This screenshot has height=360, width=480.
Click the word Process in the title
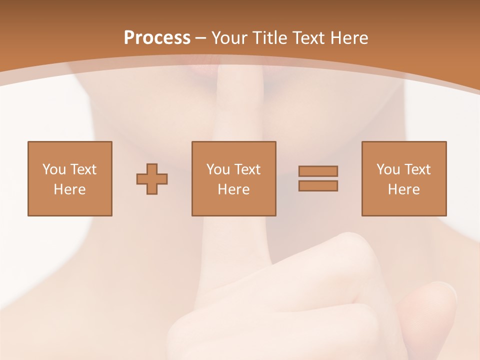coord(157,37)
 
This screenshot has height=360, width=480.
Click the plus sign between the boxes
coord(152,179)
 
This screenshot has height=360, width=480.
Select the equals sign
coord(318,178)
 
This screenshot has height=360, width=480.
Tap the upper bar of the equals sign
coord(318,171)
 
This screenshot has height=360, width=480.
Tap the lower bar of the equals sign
coord(318,185)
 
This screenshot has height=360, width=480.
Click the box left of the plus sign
coord(70,178)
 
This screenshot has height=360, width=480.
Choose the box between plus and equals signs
coord(234,178)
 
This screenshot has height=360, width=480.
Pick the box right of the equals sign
coord(404,178)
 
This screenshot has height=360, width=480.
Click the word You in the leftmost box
coord(54,169)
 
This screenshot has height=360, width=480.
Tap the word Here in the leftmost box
coord(70,189)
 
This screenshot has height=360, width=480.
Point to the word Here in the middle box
coord(234,189)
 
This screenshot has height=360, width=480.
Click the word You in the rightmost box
coord(388,169)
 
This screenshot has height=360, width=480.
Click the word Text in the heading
coord(308,37)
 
